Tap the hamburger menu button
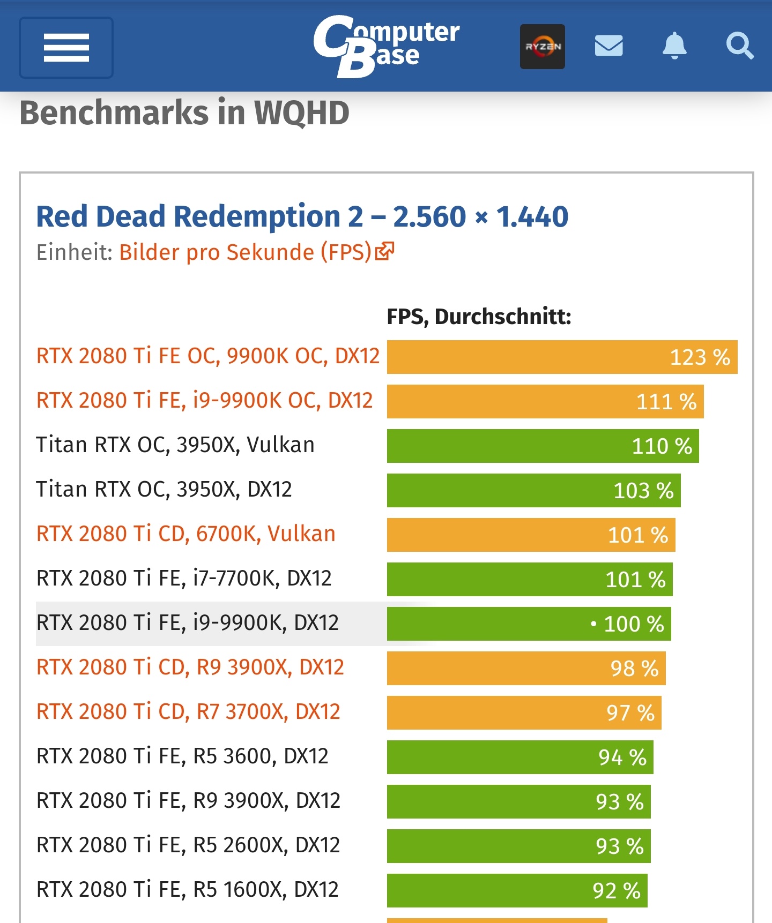66,48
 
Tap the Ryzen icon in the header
542,47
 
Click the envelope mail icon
608,46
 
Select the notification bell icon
674,46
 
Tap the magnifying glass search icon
740,46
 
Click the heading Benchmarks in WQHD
184,112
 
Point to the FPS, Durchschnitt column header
479,317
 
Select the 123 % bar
562,357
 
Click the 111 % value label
666,401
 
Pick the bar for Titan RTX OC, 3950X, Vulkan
543,446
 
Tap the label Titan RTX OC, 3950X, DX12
164,490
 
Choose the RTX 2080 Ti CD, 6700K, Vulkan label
185,534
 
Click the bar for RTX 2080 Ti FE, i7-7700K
530,579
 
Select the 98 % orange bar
526,668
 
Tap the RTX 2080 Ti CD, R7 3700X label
188,712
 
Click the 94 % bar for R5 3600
520,757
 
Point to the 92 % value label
616,890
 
